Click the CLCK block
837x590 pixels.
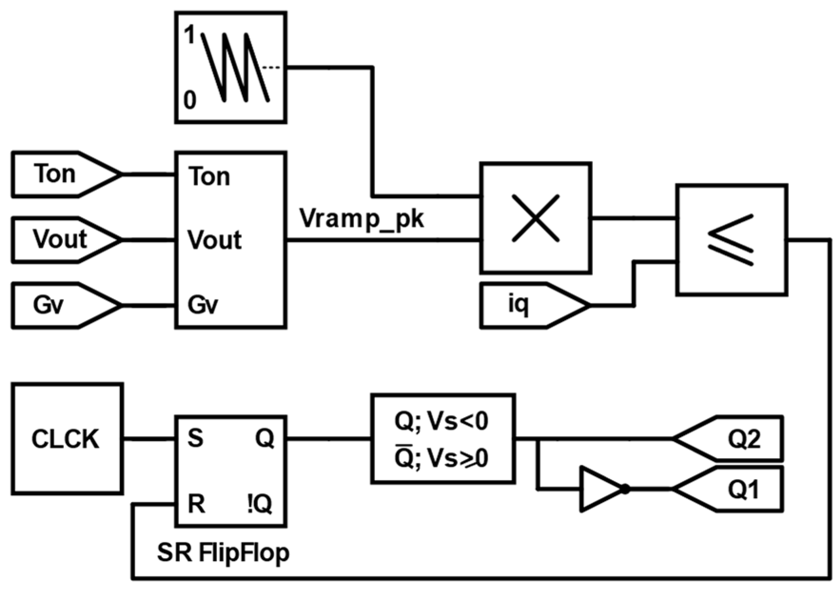coord(67,439)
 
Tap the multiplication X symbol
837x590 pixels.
coord(535,218)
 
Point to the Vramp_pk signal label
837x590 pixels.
coord(361,219)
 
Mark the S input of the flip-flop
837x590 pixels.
coord(195,439)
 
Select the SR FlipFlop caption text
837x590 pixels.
coord(223,553)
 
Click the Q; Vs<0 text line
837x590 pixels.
coord(441,421)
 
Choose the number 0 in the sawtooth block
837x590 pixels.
coord(190,100)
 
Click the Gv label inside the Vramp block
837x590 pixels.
coord(203,305)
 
